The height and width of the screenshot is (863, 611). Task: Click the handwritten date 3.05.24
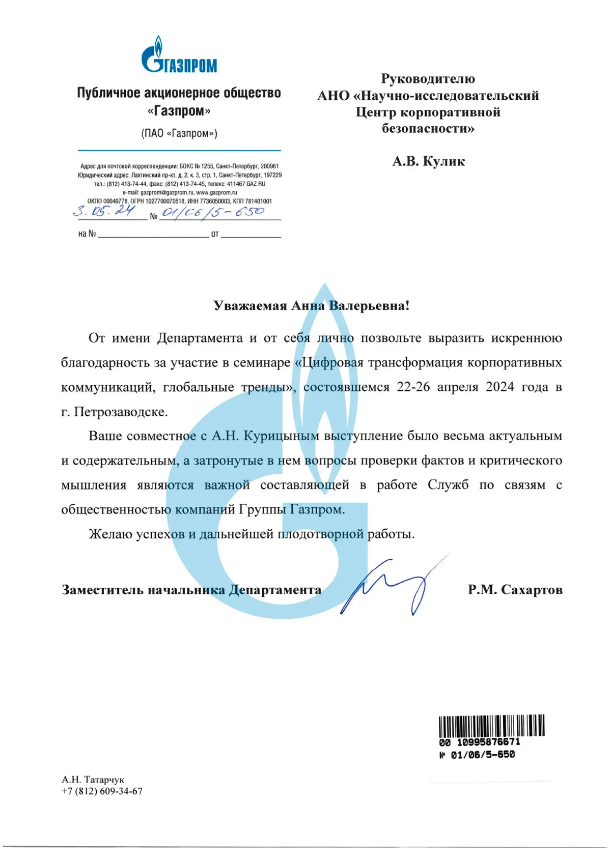104,211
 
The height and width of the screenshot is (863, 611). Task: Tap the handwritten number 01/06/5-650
213,212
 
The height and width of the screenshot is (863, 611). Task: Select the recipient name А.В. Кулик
428,161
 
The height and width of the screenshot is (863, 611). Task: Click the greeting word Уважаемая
250,306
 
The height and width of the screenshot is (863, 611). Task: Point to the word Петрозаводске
121,412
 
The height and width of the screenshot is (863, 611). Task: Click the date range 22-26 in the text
413,387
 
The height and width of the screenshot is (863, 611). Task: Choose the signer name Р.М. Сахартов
515,590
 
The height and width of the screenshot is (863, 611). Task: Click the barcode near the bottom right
491,726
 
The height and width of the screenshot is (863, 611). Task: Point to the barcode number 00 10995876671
479,742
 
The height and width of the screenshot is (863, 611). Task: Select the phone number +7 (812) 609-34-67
102,791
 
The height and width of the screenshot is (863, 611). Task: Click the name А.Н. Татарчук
93,780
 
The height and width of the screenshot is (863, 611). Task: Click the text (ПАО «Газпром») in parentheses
179,133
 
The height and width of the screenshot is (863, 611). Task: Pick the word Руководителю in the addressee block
428,79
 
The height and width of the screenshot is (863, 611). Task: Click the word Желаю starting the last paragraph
110,534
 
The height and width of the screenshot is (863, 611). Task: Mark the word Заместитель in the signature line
102,590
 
